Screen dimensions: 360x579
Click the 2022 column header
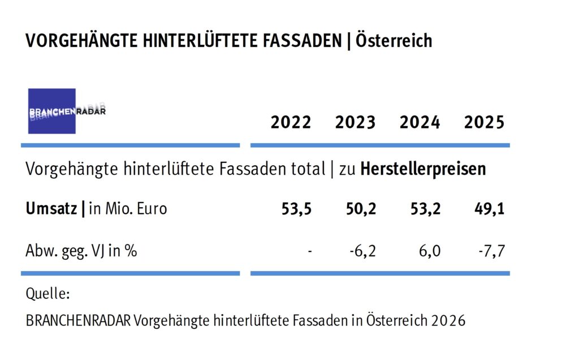(291, 123)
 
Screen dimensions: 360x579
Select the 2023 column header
(355, 123)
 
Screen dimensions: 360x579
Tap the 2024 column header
(420, 123)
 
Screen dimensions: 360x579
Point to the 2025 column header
(484, 123)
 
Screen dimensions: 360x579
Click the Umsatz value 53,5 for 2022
(296, 209)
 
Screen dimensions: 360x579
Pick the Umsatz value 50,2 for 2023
(361, 209)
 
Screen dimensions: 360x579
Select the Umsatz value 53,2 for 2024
(425, 209)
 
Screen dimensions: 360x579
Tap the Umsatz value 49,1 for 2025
(490, 209)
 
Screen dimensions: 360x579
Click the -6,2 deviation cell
(362, 250)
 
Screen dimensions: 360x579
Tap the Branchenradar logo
(53, 111)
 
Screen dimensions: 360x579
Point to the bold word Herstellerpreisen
(423, 169)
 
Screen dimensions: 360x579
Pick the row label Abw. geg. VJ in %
(81, 250)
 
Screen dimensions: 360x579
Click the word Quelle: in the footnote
(48, 294)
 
